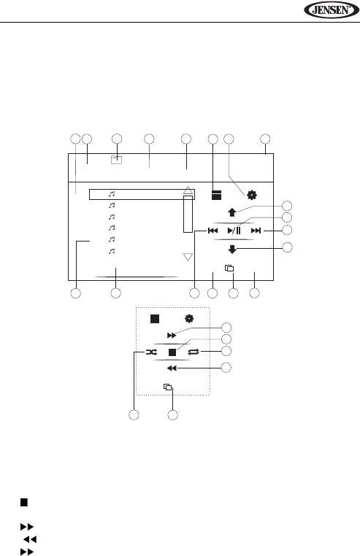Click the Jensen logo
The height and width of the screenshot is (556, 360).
click(x=332, y=9)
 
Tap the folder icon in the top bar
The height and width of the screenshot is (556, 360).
click(x=116, y=160)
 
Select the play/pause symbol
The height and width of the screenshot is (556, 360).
click(x=234, y=231)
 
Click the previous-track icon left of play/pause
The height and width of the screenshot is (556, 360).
click(x=212, y=231)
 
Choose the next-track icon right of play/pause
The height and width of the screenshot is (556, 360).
click(x=256, y=231)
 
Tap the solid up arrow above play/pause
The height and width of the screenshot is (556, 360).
click(x=232, y=212)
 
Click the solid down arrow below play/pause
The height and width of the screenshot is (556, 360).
click(x=232, y=250)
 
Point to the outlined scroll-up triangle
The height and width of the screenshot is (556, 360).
click(x=188, y=190)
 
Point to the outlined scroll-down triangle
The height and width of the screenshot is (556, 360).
click(x=188, y=257)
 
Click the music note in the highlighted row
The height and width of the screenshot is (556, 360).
click(x=112, y=194)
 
